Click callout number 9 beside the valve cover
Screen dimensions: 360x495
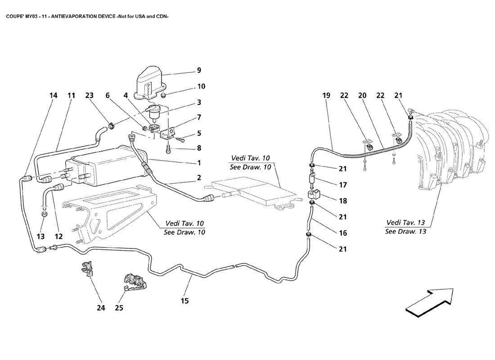pyautogui.click(x=199, y=70)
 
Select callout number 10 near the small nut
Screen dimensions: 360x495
pyautogui.click(x=201, y=86)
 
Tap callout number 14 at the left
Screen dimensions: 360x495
pyautogui.click(x=54, y=95)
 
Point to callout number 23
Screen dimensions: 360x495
pyautogui.click(x=90, y=95)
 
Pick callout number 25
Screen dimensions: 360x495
pyautogui.click(x=119, y=308)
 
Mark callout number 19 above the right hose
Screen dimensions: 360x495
pyautogui.click(x=326, y=95)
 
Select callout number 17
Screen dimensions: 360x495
pyautogui.click(x=343, y=184)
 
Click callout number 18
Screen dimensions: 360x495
pyautogui.click(x=343, y=201)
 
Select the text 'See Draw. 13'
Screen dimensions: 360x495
pyautogui.click(x=405, y=232)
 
